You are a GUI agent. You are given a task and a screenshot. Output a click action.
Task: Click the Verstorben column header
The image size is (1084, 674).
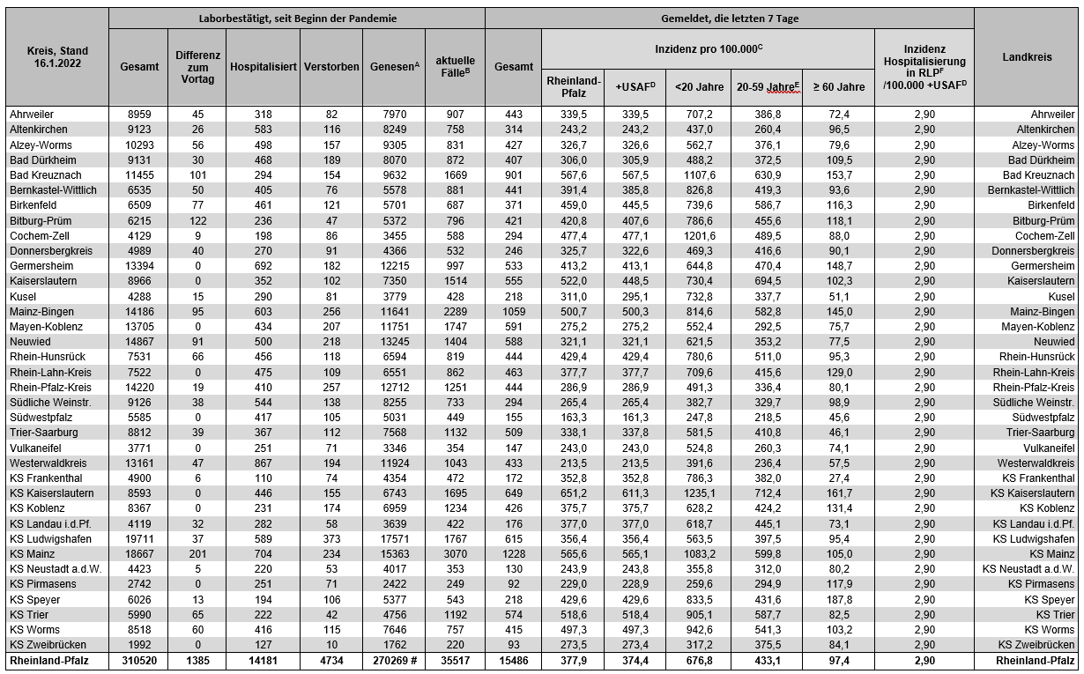330,67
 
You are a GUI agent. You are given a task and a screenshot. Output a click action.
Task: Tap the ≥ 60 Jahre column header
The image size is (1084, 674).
838,87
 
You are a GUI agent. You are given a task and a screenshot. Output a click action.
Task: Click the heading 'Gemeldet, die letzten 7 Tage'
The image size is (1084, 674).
730,18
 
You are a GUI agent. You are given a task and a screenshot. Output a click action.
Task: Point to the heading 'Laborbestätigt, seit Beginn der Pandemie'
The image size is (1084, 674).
297,18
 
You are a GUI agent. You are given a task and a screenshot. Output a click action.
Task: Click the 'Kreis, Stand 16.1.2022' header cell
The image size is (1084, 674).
57,57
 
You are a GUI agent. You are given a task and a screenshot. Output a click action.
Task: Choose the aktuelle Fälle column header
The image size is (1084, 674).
456,67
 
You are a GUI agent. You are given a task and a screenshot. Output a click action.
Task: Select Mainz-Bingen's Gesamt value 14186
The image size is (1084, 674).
138,311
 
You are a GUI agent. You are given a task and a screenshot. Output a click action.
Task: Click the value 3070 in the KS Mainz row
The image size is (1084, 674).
456,553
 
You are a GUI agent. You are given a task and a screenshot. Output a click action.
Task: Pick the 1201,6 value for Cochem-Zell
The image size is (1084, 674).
694,235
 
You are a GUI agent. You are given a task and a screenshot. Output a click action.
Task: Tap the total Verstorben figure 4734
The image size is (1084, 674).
330,660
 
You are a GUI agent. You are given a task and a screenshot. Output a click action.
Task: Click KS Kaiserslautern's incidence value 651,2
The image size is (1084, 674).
573,493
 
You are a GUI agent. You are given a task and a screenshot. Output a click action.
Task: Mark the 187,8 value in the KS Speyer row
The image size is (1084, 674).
838,599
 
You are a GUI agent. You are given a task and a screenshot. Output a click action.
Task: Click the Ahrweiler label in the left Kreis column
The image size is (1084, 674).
31,115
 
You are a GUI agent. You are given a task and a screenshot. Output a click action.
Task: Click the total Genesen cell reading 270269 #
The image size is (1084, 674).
391,660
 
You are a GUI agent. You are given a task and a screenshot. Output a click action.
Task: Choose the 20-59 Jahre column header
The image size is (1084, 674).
771,87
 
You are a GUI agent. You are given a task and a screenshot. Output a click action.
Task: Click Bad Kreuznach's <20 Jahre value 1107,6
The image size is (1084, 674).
694,175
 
